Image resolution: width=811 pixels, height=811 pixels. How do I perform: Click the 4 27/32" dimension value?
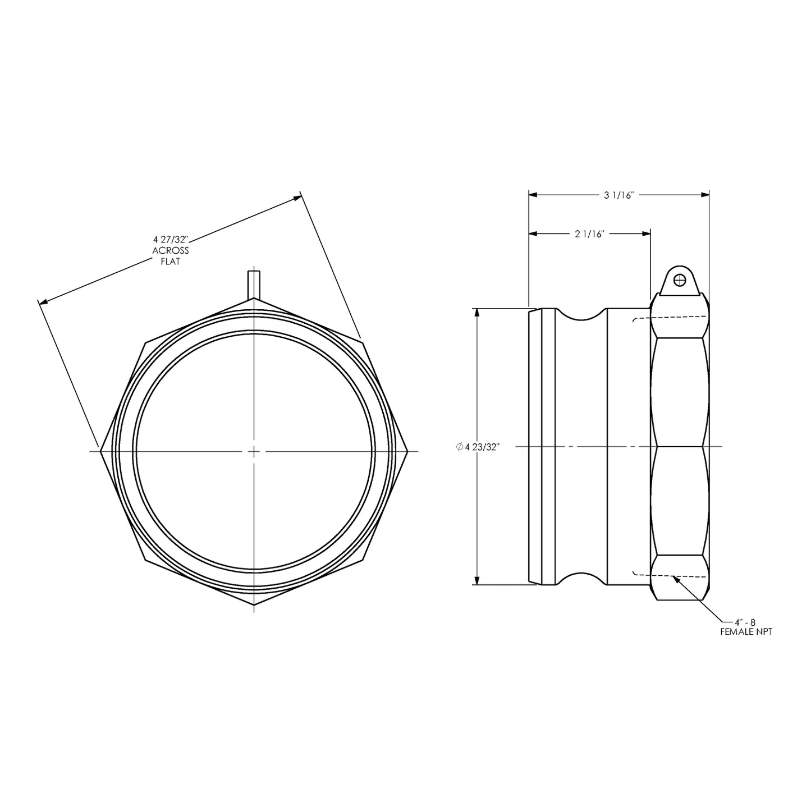click(171, 240)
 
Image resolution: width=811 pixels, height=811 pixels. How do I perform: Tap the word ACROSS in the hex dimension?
click(171, 251)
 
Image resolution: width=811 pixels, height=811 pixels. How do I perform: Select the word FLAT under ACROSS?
click(171, 262)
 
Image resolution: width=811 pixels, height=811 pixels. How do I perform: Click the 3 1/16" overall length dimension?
click(618, 195)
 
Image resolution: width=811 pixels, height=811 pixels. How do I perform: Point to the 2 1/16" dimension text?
click(589, 234)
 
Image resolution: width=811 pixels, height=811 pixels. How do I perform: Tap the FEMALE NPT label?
click(746, 632)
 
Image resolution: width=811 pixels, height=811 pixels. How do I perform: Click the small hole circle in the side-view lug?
click(680, 279)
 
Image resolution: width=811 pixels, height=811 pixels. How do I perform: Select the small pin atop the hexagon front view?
click(254, 284)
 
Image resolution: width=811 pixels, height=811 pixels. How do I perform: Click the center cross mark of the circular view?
click(254, 451)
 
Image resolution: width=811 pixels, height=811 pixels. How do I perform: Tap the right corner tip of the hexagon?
click(407, 451)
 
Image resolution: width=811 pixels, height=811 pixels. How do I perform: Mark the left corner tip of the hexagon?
click(101, 451)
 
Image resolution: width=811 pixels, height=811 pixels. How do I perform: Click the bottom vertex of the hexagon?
click(254, 604)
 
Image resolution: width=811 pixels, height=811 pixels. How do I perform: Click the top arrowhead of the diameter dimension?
click(478, 313)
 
